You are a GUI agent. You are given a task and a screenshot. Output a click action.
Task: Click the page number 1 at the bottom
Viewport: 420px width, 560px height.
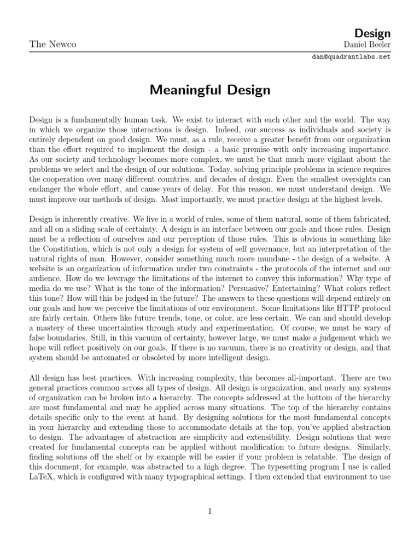(209, 511)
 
